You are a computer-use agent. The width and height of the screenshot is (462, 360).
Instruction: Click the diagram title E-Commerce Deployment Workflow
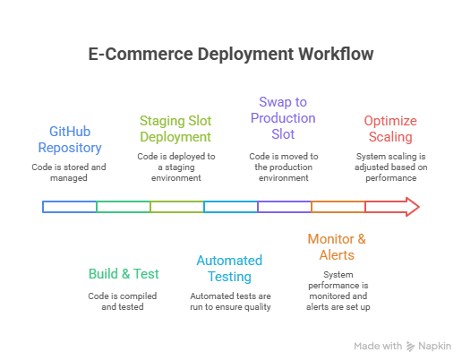(231, 55)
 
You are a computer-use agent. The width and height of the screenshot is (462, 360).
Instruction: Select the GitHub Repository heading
(70, 140)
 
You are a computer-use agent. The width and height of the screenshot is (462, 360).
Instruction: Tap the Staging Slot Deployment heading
(175, 129)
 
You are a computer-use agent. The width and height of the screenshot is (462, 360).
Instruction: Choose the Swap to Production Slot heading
(283, 118)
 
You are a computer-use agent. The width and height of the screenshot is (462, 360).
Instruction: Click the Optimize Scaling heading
(390, 129)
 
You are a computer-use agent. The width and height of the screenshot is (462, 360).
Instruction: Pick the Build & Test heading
(124, 274)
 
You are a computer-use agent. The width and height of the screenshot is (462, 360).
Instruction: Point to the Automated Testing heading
(229, 269)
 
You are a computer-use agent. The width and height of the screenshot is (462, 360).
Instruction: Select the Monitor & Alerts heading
(337, 247)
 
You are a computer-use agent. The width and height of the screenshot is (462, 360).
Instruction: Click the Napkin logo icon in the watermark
(411, 347)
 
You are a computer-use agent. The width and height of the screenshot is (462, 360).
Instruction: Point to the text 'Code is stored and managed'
(69, 172)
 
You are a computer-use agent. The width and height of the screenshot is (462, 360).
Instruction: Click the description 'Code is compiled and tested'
(123, 301)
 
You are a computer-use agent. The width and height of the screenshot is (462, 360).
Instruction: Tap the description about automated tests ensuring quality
(230, 301)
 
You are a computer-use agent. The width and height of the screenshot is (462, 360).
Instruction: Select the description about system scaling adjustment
(390, 167)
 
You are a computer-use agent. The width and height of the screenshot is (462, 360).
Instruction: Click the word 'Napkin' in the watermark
(434, 347)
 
